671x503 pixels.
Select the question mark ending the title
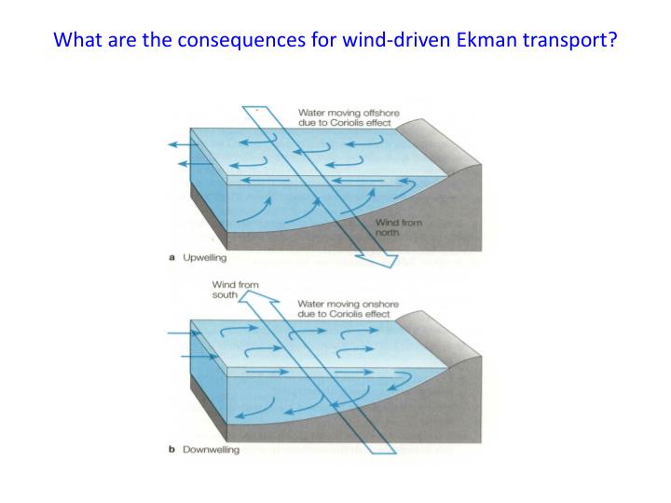tap(612, 41)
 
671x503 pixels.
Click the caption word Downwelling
tap(211, 450)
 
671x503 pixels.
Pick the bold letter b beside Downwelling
tap(172, 450)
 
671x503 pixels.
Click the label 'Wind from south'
tap(235, 289)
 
